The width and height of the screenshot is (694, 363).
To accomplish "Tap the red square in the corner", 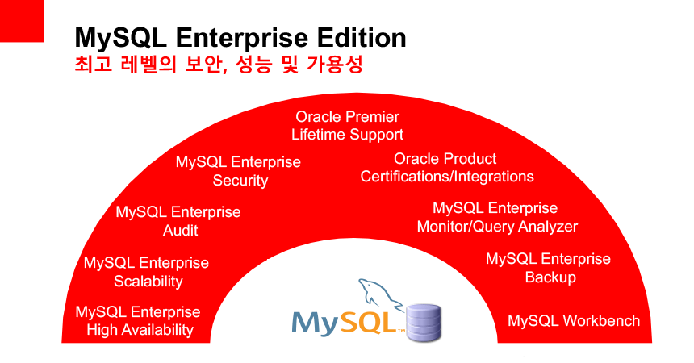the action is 22,21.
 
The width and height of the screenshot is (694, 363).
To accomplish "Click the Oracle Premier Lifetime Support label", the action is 348,126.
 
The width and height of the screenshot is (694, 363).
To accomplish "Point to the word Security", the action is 240,181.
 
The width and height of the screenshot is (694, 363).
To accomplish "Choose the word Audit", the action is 180,230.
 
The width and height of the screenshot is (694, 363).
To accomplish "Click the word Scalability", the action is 148,282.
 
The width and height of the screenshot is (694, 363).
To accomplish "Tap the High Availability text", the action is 140,330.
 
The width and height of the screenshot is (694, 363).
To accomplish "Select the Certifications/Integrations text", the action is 447,177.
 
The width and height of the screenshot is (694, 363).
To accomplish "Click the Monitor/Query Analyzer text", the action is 497,227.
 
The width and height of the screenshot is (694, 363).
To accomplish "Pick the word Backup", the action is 550,277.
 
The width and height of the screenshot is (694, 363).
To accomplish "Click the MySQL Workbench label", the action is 574,320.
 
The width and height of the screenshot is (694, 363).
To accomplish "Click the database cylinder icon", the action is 424,323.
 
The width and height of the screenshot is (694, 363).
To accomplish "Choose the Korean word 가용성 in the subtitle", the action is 334,65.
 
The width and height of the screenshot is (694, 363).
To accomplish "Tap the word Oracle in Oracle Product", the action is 415,158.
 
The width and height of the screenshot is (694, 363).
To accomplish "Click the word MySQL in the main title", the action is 120,39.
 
